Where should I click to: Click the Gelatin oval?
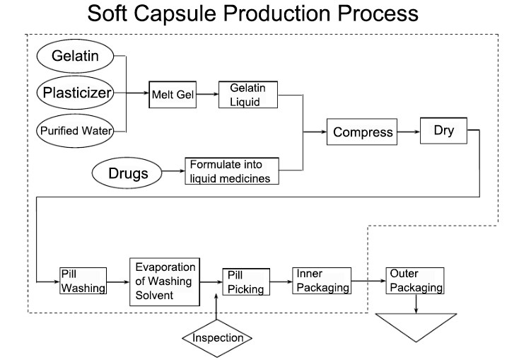click(x=75, y=56)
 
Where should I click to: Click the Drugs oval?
click(x=128, y=172)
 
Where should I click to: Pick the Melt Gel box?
click(x=173, y=95)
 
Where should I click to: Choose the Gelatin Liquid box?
click(x=247, y=94)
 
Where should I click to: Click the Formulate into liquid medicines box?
click(x=232, y=172)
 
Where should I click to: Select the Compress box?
click(x=362, y=132)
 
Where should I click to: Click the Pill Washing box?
click(x=83, y=281)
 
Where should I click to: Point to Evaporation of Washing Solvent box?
click(x=164, y=281)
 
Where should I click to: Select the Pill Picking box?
click(x=245, y=281)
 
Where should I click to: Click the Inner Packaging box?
click(x=322, y=281)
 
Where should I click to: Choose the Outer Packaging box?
click(x=415, y=281)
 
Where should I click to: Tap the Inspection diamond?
click(x=218, y=338)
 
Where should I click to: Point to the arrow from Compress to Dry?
click(x=408, y=132)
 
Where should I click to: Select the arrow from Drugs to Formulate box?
click(x=173, y=172)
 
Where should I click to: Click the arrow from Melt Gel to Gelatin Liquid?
click(x=208, y=95)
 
